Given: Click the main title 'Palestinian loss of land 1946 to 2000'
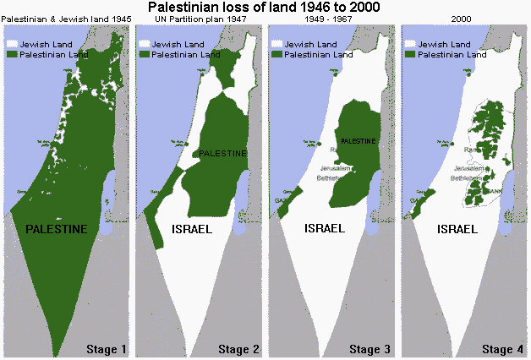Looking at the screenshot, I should point(265,7).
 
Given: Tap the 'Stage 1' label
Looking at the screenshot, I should point(106,349).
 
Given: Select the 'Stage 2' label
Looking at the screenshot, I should point(239,349).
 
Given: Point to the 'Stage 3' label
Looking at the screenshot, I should point(370,349).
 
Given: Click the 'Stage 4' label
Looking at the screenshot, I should point(502,349).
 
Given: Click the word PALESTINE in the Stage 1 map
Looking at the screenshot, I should point(56,229).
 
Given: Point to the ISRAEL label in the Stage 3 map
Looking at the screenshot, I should point(323,229).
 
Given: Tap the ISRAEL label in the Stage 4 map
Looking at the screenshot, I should point(456,229).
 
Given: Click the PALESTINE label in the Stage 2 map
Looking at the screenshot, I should point(222,154).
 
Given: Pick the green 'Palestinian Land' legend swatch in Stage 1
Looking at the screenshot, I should point(11,53).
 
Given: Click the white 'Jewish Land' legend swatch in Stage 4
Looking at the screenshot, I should point(410,42).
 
